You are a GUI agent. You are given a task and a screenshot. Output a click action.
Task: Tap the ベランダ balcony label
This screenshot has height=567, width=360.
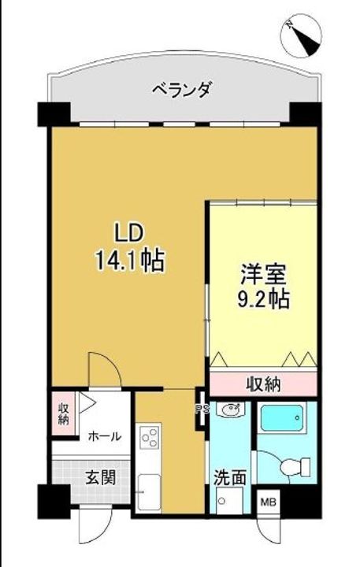182,90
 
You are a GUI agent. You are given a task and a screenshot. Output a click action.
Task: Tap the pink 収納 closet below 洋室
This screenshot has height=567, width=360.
263,384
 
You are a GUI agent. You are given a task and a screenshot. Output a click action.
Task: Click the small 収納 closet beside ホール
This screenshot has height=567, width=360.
63,413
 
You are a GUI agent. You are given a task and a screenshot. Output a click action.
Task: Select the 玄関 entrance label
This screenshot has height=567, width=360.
102,477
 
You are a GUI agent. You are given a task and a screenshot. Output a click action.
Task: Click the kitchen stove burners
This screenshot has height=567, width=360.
150,437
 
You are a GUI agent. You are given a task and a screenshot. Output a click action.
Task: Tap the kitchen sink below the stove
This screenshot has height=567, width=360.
149,492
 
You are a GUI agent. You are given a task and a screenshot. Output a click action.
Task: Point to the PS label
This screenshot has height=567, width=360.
200,408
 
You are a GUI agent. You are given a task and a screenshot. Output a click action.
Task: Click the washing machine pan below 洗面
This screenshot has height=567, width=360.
229,501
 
